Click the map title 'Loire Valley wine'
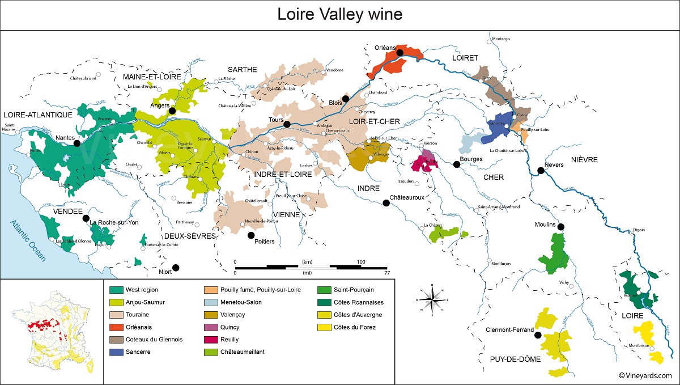pos(339,14)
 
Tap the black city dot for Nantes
pos(77,144)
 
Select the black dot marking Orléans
pos(399,53)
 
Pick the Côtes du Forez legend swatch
pos(324,327)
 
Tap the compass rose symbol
pos(433,298)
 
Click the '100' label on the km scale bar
pos(360,261)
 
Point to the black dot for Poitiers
pos(251,235)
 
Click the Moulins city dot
pos(560,227)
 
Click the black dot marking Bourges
pos(456,164)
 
